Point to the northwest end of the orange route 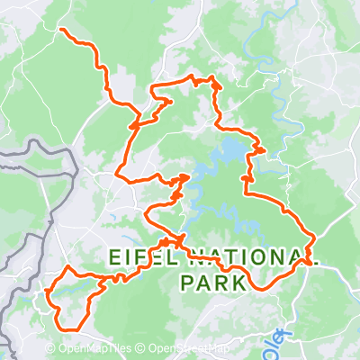coord(61,31)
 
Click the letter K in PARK coord(238,283)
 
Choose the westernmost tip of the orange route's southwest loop coord(47,292)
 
